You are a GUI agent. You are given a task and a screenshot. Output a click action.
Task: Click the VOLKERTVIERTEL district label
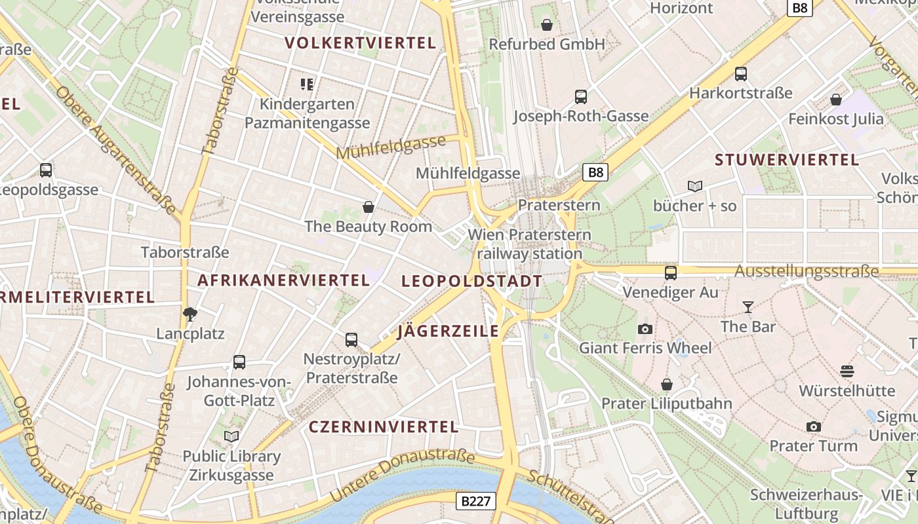pos(360,43)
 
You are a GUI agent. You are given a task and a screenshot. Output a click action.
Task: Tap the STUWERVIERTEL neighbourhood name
pos(786,160)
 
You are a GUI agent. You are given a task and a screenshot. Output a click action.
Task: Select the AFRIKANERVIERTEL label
pos(283,280)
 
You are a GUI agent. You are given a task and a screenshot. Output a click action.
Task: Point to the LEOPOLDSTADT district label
pos(471,282)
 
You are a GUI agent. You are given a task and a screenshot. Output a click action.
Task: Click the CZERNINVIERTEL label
pos(383,427)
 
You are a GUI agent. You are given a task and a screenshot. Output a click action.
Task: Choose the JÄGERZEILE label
pos(449,331)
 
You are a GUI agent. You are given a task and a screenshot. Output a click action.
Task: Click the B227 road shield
pos(475,502)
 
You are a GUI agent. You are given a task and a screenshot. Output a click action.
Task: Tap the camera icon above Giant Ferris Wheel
pos(645,329)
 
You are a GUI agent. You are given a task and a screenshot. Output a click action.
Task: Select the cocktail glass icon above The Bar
pos(748,307)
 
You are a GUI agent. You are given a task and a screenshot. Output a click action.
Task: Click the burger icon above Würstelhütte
pos(847,371)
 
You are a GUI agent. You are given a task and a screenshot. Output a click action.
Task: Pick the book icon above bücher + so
pos(695,186)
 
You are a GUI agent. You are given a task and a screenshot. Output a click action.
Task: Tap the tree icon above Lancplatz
pos(190,314)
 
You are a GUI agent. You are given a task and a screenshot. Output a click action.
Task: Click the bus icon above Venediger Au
pos(670,273)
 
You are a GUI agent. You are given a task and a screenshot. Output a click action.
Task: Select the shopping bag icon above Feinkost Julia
pos(835,100)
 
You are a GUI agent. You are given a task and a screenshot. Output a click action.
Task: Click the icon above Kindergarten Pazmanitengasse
pos(307,84)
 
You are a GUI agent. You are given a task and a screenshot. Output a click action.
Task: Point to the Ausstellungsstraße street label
pos(807,271)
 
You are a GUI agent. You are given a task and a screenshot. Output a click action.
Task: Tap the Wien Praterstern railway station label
pos(529,244)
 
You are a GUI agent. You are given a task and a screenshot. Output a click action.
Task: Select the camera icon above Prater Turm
pos(813,426)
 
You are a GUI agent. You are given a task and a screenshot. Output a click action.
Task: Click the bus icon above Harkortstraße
pos(740,74)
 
